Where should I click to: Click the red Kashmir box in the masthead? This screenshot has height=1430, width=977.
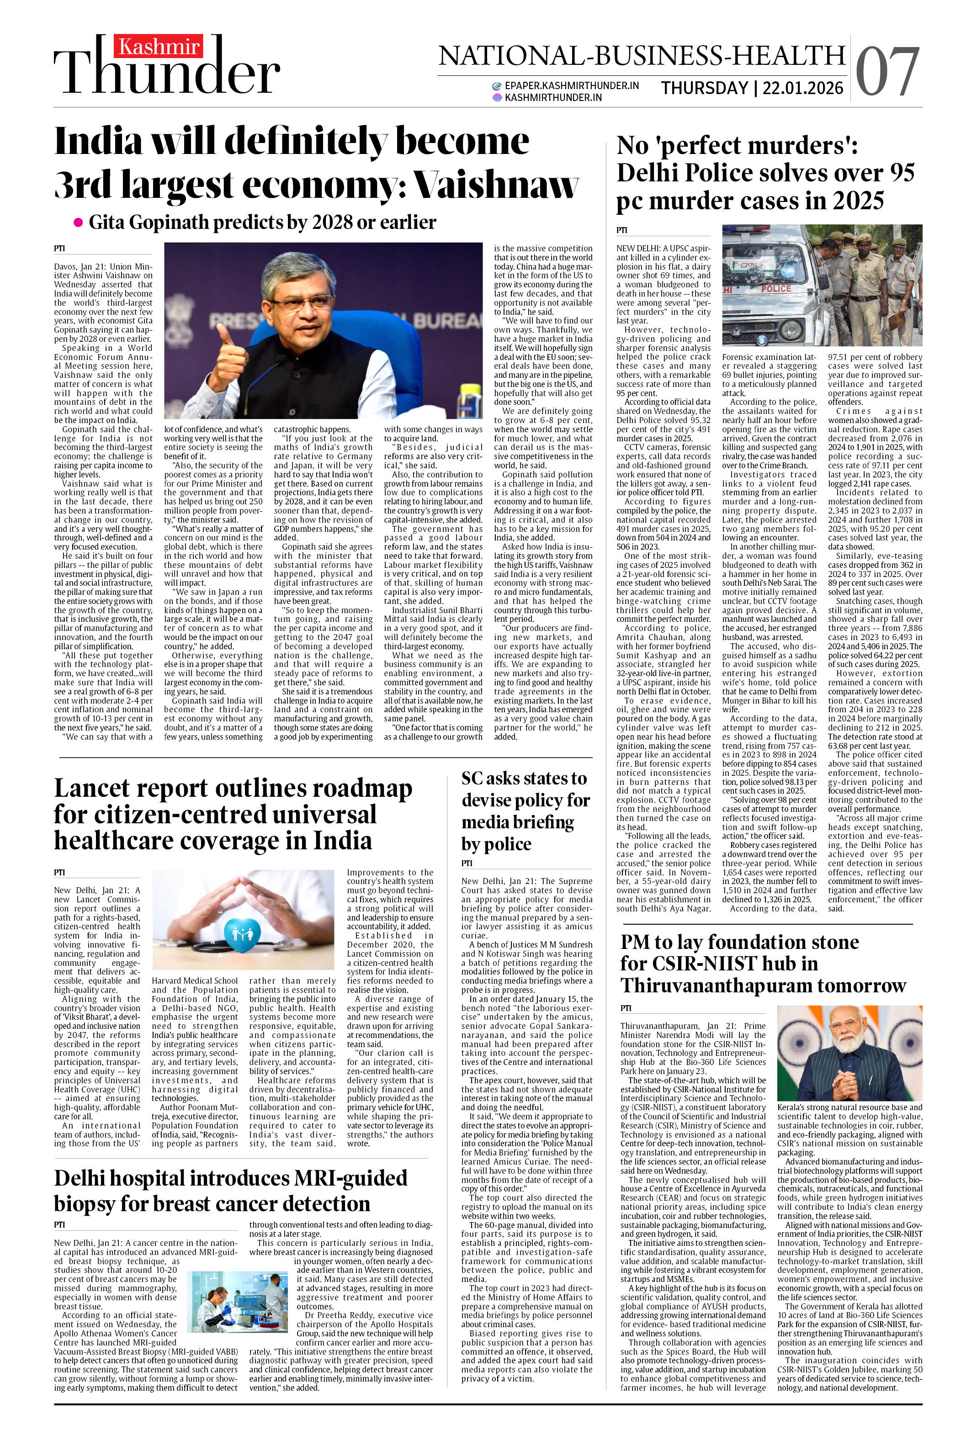click(158, 47)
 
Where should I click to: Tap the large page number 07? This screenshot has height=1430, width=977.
click(887, 72)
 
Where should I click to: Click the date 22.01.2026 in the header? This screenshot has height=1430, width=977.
click(803, 89)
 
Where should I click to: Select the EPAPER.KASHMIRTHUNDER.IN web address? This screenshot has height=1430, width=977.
click(571, 85)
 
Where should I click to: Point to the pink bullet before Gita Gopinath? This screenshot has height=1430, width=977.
click(78, 223)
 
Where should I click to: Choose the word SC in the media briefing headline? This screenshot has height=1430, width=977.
click(473, 779)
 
